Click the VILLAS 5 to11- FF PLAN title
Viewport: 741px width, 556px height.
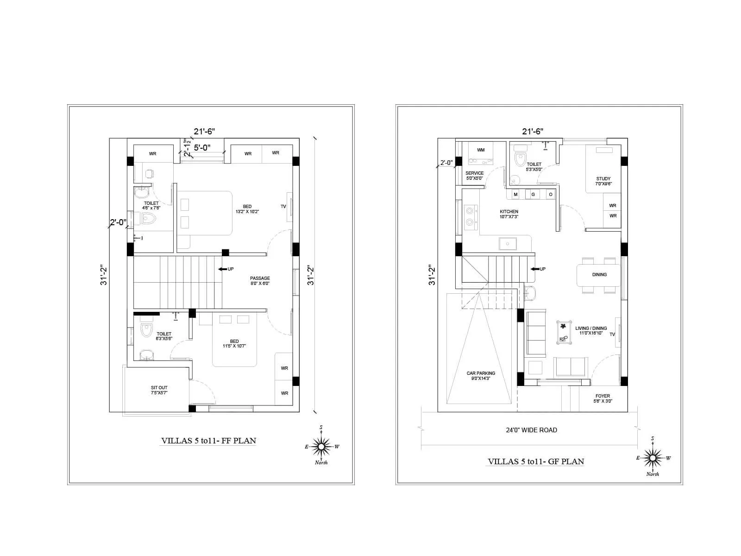tap(208, 441)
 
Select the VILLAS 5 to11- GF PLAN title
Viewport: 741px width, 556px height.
tap(536, 461)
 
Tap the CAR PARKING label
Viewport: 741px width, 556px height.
tap(481, 375)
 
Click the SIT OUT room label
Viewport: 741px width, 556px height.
tap(159, 390)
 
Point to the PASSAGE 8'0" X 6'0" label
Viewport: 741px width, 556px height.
tap(260, 281)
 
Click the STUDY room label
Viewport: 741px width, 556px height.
tap(603, 181)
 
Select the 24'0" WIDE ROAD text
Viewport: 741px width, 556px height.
tap(531, 430)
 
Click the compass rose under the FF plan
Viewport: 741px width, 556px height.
tap(320, 447)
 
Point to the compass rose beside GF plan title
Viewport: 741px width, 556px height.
tap(653, 458)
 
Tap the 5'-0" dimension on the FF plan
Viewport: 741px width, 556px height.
tap(202, 148)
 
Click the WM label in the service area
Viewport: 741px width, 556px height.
tap(481, 150)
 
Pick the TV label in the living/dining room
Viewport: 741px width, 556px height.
tap(612, 335)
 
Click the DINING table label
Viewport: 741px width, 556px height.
tap(599, 275)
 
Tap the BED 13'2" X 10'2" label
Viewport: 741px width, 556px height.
tap(247, 209)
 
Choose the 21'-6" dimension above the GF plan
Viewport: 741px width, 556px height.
tap(533, 132)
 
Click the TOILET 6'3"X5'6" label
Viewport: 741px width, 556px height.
tap(164, 336)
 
